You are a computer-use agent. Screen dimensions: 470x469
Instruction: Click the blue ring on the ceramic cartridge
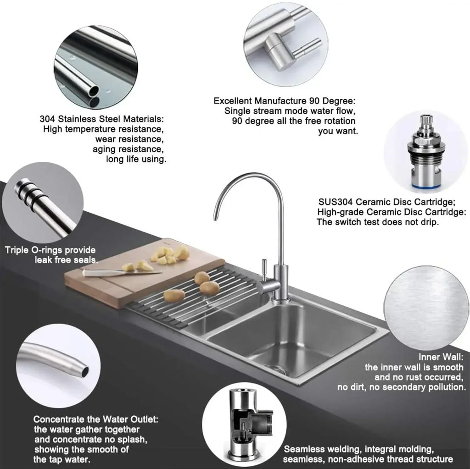point(425,186)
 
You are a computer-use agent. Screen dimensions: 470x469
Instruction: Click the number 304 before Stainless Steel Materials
point(47,119)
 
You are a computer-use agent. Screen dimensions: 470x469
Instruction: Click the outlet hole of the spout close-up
point(85,372)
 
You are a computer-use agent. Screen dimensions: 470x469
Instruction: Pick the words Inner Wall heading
point(441,357)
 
